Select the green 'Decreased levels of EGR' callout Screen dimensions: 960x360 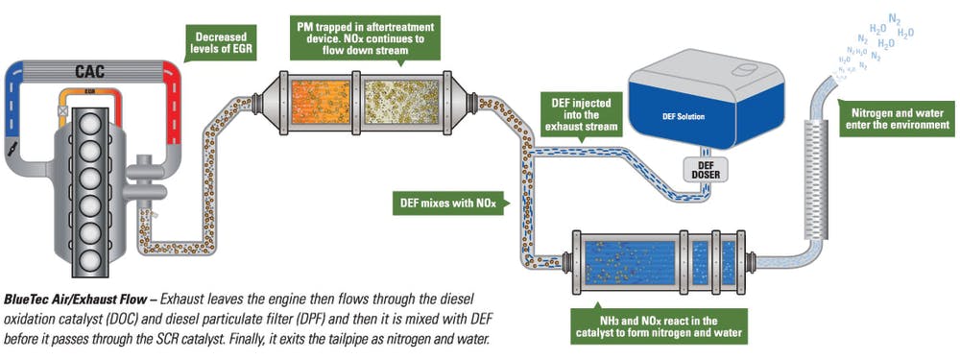218,42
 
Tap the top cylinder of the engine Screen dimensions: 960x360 93,124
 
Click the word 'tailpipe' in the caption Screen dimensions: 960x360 332,340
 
